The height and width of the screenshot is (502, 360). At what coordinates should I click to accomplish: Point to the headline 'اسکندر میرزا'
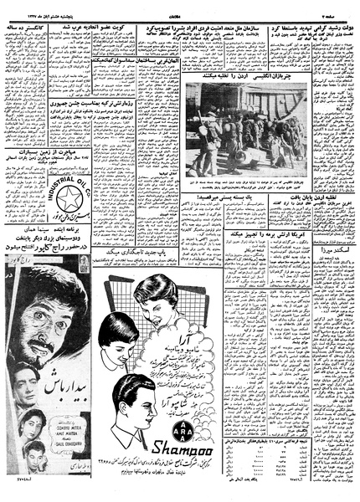(334, 250)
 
